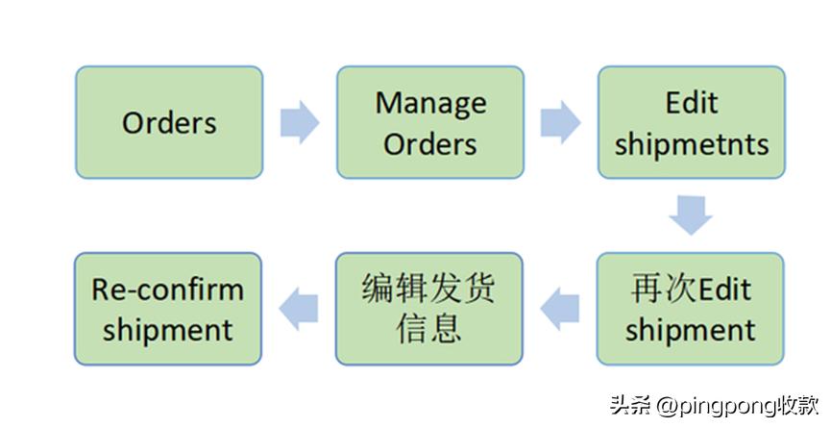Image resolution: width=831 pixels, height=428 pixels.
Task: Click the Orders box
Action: point(169,122)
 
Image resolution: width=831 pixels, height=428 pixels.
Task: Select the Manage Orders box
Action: point(429,122)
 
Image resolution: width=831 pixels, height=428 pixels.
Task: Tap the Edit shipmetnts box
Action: point(691,122)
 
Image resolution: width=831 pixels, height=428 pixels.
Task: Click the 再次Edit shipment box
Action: point(690,309)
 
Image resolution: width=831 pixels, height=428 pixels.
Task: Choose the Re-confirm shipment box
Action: point(168,309)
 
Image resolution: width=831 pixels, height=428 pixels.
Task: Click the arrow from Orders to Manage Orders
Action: point(299,122)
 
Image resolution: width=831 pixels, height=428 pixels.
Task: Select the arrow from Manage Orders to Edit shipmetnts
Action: point(560,122)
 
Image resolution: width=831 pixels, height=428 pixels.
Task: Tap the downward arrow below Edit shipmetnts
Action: point(691,215)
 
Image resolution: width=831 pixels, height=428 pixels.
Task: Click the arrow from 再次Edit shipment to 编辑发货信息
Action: point(560,309)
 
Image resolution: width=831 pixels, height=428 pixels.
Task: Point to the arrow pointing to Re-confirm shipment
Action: point(299,309)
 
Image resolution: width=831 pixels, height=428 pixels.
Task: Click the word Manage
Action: point(430,102)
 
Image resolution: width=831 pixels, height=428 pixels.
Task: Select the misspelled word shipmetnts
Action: point(692,144)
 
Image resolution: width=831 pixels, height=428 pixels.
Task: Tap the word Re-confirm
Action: point(168,289)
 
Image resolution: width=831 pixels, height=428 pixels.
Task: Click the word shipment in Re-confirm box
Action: point(168,330)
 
